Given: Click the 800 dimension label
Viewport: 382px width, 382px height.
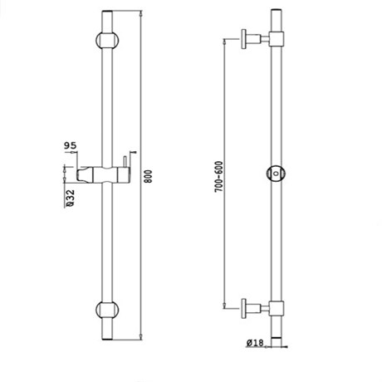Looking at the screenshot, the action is tap(149, 176).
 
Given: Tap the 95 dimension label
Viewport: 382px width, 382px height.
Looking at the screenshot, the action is tap(70, 145).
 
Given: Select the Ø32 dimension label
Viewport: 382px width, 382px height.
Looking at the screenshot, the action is tap(71, 198).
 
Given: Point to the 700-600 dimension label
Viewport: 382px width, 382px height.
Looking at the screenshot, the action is tap(218, 177).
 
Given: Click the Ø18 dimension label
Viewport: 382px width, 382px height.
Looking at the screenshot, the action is tap(255, 343).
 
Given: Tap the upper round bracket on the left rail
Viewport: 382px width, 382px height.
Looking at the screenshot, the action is tap(107, 40).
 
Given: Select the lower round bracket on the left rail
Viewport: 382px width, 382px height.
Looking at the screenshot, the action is tap(107, 310).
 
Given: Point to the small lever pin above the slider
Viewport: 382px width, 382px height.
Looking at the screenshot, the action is tap(125, 162).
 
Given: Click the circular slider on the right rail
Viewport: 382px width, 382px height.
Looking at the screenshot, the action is tap(276, 174).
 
